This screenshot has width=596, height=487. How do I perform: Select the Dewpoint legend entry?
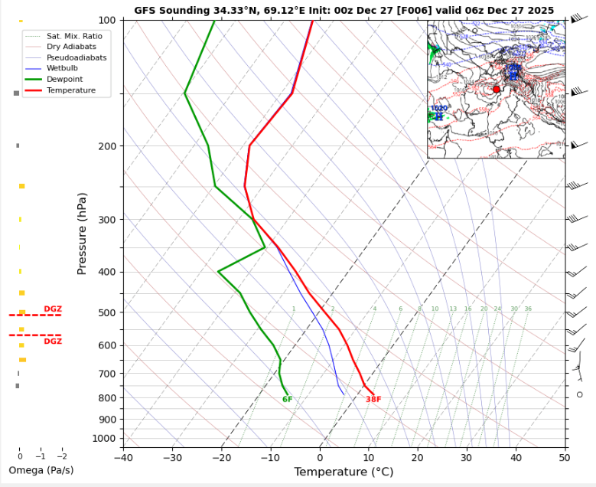(x=64, y=79)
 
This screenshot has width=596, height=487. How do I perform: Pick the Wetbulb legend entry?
(x=64, y=68)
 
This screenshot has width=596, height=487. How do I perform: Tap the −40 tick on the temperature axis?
(x=123, y=457)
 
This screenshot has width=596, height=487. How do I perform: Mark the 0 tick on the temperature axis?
(x=320, y=457)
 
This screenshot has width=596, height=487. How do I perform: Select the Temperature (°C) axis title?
(x=344, y=472)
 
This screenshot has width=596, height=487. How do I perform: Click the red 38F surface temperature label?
(x=373, y=400)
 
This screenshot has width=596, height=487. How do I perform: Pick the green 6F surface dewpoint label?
(x=287, y=400)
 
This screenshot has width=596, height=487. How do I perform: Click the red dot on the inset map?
(x=497, y=90)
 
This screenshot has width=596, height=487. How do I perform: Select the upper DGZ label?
(x=53, y=309)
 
